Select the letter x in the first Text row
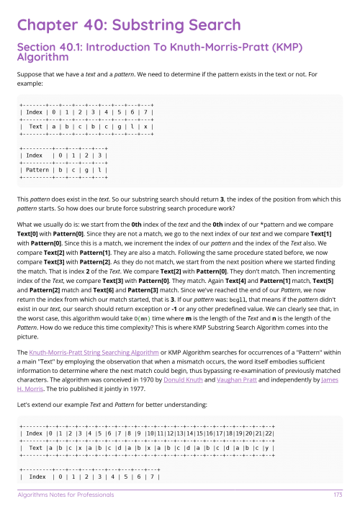click(147, 126)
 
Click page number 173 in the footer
click(337, 495)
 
